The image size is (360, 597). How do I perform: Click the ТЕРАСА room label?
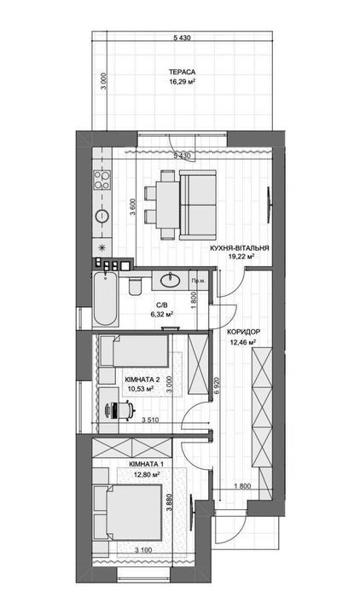point(182,72)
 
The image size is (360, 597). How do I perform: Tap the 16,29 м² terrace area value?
point(182,81)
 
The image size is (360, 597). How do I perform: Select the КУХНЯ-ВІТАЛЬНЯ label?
point(240,248)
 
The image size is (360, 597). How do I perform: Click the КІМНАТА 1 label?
point(146,464)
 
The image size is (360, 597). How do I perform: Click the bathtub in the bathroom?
point(105,298)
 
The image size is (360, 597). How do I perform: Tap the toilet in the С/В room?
point(136,286)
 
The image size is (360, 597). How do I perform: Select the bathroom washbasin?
point(170,281)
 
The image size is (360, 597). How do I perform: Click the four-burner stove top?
point(102,180)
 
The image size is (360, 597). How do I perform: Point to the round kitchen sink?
point(102,216)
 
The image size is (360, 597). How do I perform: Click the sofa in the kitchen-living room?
point(198,205)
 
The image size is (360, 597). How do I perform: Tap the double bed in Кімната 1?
point(133,512)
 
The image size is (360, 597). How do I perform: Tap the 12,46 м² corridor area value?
point(242,342)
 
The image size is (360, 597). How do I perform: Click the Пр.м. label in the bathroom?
point(198,281)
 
